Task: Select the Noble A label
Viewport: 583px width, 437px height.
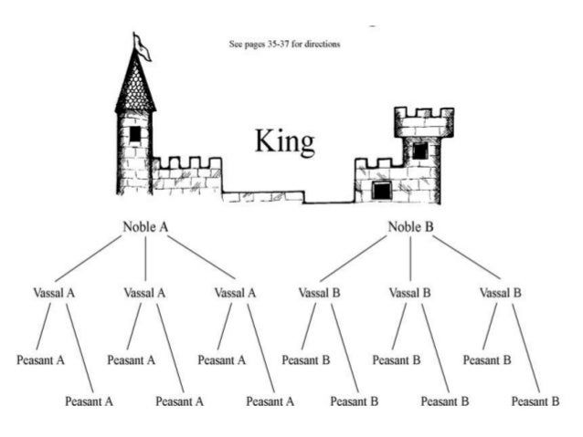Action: (146, 226)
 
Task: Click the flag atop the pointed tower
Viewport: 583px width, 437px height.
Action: (142, 46)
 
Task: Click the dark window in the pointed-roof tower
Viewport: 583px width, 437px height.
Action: (135, 133)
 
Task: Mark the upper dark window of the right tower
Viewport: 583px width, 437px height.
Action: (419, 151)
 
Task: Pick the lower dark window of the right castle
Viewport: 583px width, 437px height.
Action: (382, 189)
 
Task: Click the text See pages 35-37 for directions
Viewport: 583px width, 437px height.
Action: (284, 43)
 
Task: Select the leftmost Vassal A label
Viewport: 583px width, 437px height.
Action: (54, 293)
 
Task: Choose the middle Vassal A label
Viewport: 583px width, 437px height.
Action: (145, 293)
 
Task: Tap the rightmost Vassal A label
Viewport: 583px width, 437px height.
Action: (235, 293)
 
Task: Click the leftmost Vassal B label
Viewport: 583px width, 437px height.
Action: (320, 293)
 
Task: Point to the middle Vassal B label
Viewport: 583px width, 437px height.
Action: (410, 293)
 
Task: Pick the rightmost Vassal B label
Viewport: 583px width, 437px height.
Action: (500, 293)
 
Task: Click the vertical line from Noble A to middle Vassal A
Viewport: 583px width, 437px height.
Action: (146, 259)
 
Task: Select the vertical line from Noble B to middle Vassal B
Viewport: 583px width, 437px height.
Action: (410, 259)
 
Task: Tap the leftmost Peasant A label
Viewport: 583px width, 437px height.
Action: (40, 359)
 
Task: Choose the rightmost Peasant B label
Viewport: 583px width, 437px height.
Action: (535, 401)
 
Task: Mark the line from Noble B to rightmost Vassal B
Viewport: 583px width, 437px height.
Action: (467, 258)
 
